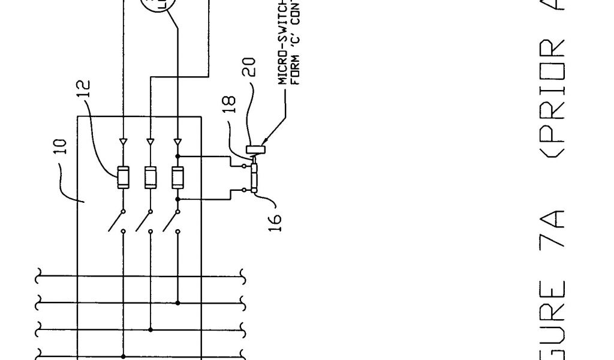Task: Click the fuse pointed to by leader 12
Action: (x=123, y=177)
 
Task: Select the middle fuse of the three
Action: (x=150, y=177)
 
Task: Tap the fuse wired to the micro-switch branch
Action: (x=177, y=177)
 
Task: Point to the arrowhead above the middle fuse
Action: (x=150, y=142)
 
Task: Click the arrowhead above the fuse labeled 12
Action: (x=123, y=142)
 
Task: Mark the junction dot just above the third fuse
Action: (x=177, y=156)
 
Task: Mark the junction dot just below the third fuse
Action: (x=177, y=198)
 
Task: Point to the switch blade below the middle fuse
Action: (x=143, y=221)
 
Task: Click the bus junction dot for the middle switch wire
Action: (x=150, y=329)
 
